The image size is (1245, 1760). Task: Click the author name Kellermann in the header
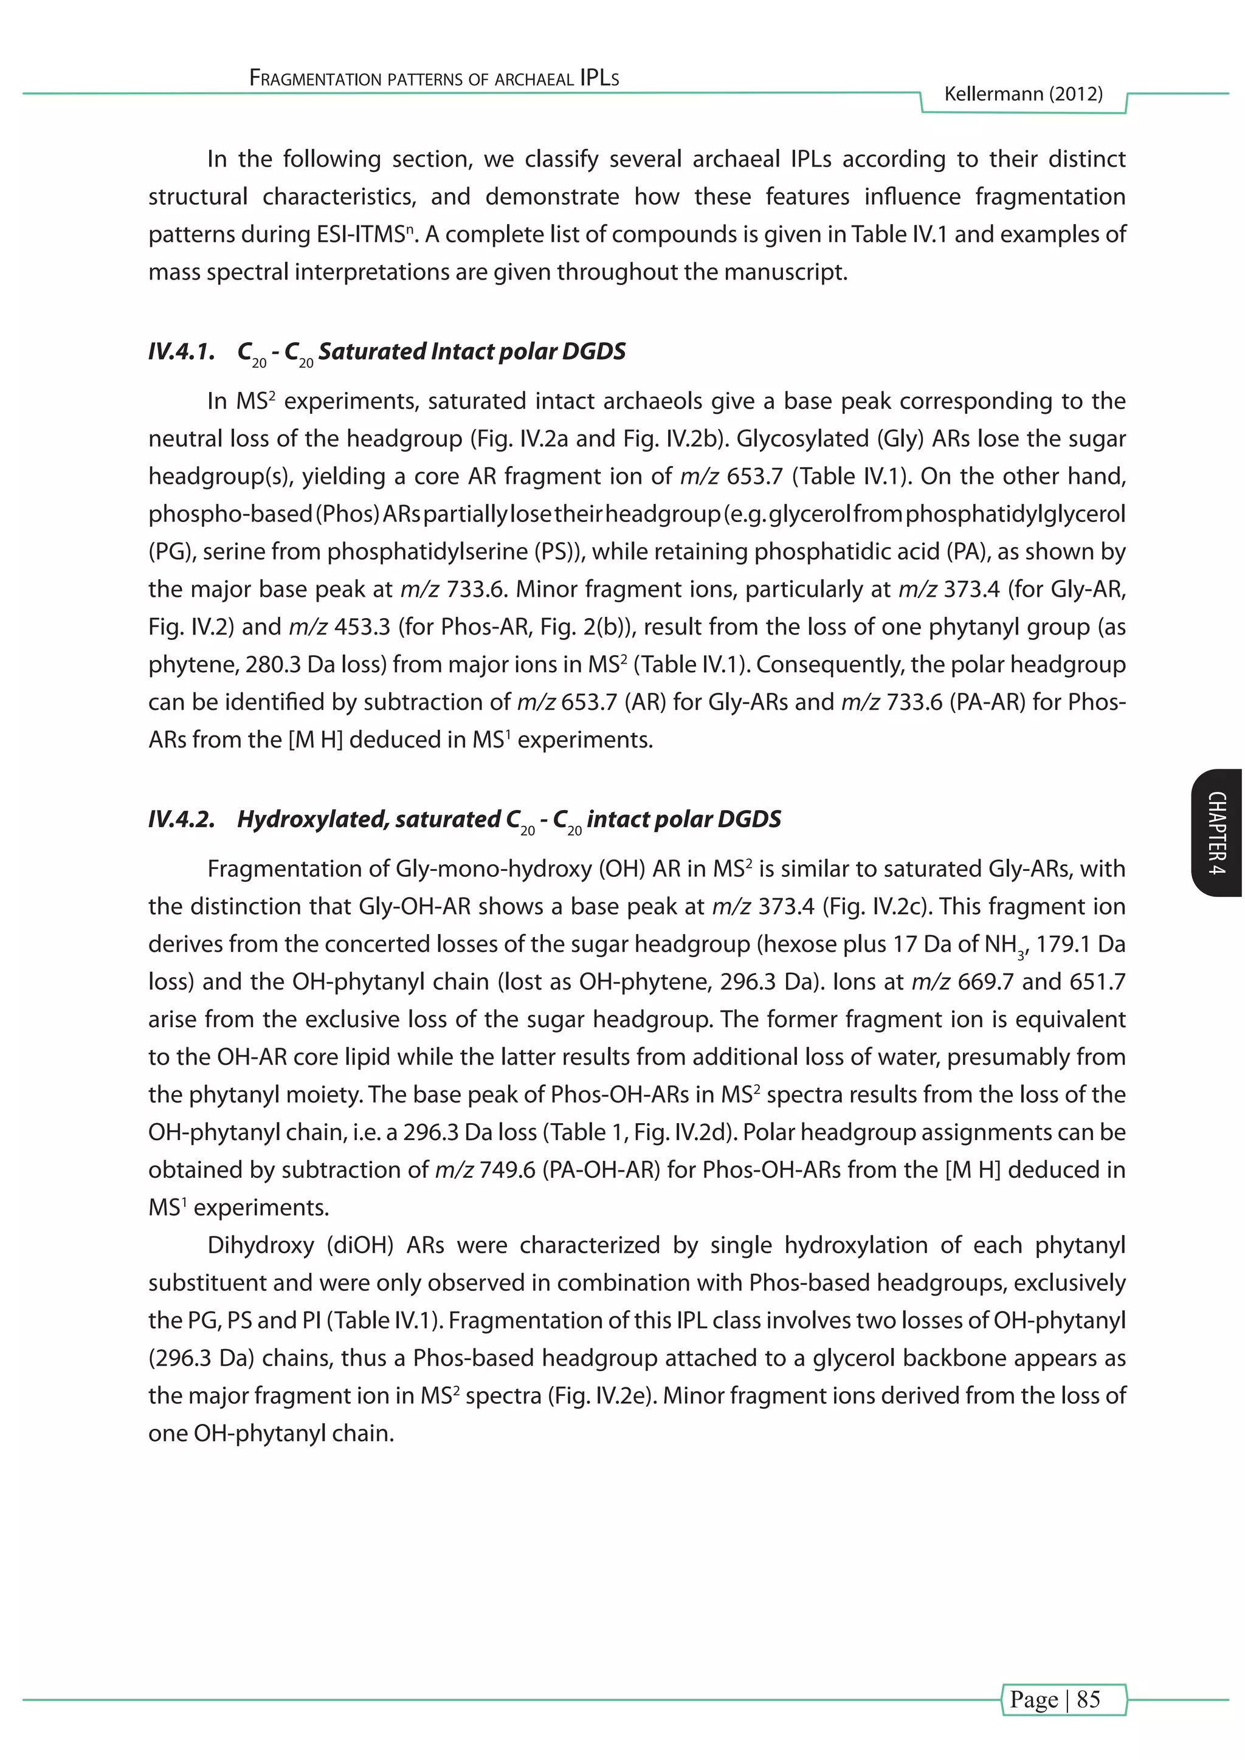pyautogui.click(x=993, y=94)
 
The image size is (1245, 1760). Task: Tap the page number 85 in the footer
pyautogui.click(x=1089, y=1699)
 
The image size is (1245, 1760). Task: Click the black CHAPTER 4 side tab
pyautogui.click(x=1218, y=833)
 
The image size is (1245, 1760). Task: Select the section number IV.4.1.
pyautogui.click(x=182, y=352)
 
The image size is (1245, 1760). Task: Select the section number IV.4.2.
pyautogui.click(x=182, y=819)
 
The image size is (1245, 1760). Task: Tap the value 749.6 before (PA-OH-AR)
pyautogui.click(x=507, y=1170)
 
